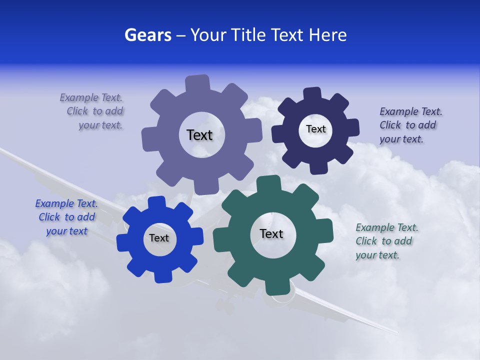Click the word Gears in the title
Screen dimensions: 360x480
click(x=147, y=35)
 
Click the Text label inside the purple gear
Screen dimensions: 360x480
click(x=199, y=135)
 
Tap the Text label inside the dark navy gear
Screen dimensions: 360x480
click(x=315, y=129)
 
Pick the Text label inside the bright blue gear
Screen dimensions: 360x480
click(x=159, y=238)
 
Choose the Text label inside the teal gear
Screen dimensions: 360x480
click(x=271, y=233)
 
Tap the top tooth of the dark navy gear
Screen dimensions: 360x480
click(x=312, y=94)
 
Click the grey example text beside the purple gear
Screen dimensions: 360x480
click(x=93, y=111)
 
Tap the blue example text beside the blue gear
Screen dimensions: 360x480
click(x=66, y=217)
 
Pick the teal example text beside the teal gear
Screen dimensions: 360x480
click(x=385, y=241)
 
